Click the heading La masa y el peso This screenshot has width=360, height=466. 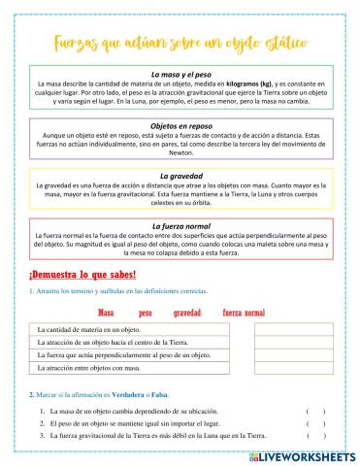click(x=180, y=74)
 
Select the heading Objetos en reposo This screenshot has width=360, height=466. click(x=180, y=126)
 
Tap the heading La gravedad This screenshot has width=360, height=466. click(x=180, y=174)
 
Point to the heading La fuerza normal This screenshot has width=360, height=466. click(x=180, y=226)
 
